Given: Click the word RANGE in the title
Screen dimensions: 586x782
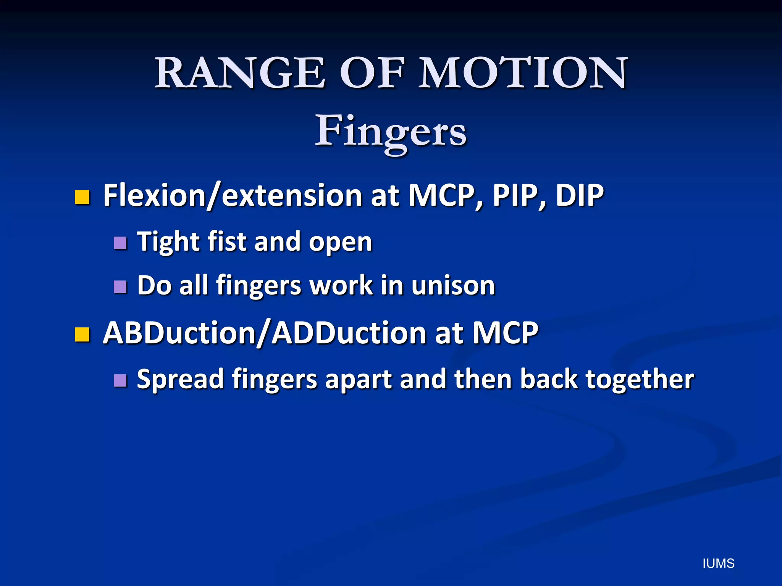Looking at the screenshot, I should [x=240, y=73].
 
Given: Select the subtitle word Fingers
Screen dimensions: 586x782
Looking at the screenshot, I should [x=390, y=132].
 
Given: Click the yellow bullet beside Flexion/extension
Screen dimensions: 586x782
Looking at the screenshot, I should [x=82, y=197].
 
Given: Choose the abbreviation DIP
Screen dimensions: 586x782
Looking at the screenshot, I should [x=579, y=196].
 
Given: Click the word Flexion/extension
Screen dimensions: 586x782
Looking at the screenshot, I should [x=233, y=196].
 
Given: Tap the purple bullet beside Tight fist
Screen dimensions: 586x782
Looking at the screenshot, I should [x=120, y=243].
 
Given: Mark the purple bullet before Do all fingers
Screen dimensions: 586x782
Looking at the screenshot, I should [x=120, y=287].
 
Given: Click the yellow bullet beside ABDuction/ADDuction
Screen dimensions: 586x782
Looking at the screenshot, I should [x=82, y=335].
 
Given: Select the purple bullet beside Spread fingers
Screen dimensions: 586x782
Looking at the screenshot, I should [x=120, y=380].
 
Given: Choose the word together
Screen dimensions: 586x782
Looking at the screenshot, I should [x=640, y=380].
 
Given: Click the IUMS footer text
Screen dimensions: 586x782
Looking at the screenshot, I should [x=718, y=563].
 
